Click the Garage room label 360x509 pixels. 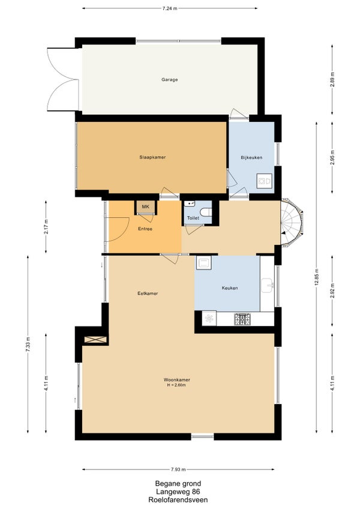(169, 79)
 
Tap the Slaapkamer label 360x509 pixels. (152, 157)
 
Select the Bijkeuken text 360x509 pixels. (251, 157)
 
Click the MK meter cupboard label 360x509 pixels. (145, 206)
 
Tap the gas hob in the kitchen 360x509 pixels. (242, 319)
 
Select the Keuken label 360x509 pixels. (230, 288)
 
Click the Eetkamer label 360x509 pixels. (148, 294)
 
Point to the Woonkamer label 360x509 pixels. (176, 380)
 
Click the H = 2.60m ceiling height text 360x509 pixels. (176, 385)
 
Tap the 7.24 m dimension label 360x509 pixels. (170, 8)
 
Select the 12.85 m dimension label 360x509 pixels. (317, 277)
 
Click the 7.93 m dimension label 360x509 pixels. (178, 469)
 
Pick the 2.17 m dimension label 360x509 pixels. (46, 227)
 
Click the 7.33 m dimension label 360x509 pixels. (28, 345)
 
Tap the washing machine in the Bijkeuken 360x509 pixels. (265, 181)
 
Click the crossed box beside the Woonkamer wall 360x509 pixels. (95, 340)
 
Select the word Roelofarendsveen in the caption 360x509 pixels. (178, 500)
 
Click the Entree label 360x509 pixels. (145, 229)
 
